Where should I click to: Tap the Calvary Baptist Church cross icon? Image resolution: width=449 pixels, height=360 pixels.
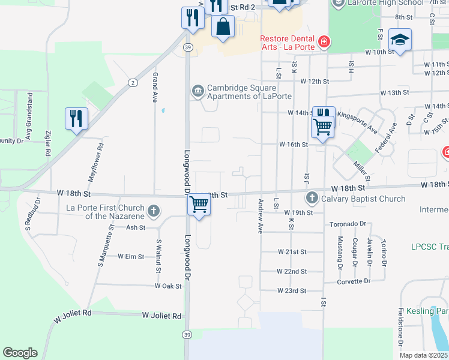[x=312, y=198]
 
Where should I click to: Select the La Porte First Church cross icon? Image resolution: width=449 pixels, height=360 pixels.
[x=154, y=211]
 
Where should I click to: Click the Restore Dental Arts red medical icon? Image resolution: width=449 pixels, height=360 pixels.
[x=324, y=41]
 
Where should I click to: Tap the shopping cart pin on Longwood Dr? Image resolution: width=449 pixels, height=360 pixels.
[x=199, y=205]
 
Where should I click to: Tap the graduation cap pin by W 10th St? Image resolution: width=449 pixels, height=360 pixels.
[x=400, y=39]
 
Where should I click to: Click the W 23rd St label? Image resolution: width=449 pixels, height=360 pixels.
[x=292, y=290]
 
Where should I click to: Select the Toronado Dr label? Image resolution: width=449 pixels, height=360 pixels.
[x=348, y=224]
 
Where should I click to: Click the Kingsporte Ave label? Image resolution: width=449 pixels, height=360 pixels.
[x=357, y=121]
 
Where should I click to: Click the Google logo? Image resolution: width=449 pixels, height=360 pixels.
[x=20, y=353]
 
